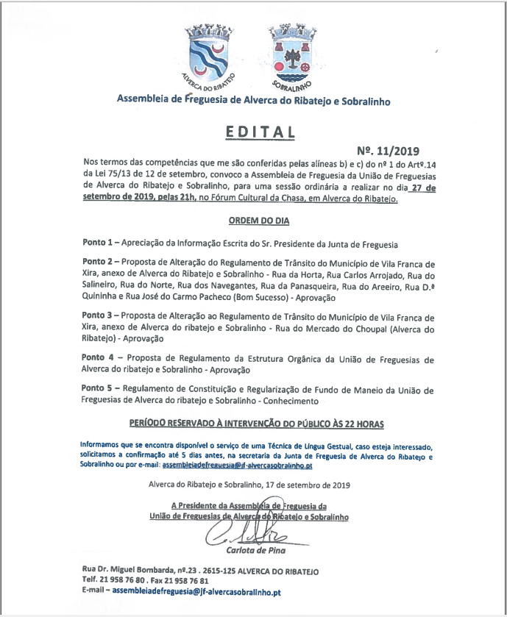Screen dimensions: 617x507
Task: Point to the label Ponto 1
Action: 99,242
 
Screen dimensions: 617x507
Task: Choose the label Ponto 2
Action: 99,262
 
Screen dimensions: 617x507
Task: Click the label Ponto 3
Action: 99,314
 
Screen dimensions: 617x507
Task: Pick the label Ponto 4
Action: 99,359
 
